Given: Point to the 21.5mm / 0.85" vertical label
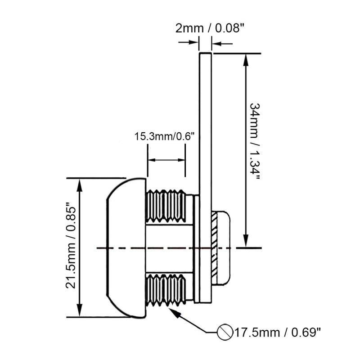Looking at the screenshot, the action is [x=71, y=245].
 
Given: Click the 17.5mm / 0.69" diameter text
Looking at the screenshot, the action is [x=277, y=333].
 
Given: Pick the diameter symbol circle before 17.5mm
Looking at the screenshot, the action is [x=225, y=332].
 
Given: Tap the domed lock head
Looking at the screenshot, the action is [x=126, y=247].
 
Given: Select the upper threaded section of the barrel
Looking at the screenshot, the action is [x=166, y=206].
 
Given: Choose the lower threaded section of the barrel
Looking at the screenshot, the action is [x=166, y=290].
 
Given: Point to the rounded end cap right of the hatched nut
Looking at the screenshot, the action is [x=223, y=247].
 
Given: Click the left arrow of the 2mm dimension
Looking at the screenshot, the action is [x=188, y=42].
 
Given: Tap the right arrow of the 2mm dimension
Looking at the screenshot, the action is [x=222, y=43].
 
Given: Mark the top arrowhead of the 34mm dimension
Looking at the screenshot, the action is [x=246, y=60].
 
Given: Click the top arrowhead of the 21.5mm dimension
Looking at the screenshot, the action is [x=79, y=185].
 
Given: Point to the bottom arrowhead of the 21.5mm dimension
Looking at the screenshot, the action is [x=79, y=310].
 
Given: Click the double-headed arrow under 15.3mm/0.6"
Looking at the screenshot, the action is [x=166, y=160].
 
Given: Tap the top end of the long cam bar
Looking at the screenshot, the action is [x=205, y=54].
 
